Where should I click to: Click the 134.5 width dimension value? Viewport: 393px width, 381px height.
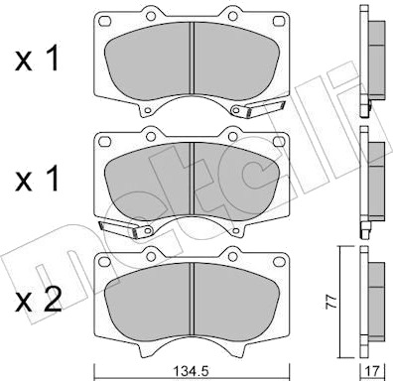pyautogui.click(x=193, y=371)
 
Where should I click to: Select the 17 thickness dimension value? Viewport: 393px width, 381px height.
pyautogui.click(x=372, y=371)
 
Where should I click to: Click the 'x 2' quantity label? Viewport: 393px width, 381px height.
pyautogui.click(x=38, y=301)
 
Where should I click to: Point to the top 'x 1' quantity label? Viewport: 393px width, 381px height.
pyautogui.click(x=37, y=59)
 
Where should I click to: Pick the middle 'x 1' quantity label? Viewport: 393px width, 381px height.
pyautogui.click(x=37, y=179)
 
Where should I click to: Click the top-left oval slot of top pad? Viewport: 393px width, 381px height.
pyautogui.click(x=104, y=21)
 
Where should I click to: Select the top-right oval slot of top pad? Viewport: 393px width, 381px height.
pyautogui.click(x=279, y=21)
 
